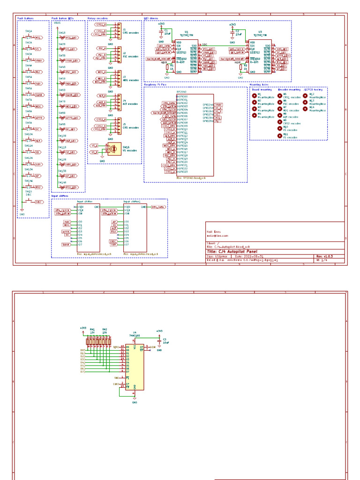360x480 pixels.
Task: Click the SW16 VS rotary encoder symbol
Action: [x=112, y=149]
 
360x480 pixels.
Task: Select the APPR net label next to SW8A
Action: [x=39, y=118]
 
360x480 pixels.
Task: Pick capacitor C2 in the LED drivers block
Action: [x=232, y=32]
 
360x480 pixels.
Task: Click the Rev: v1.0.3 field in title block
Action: [x=324, y=256]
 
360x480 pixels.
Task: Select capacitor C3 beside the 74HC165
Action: [x=160, y=341]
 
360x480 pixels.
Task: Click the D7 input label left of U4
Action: [x=83, y=371]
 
